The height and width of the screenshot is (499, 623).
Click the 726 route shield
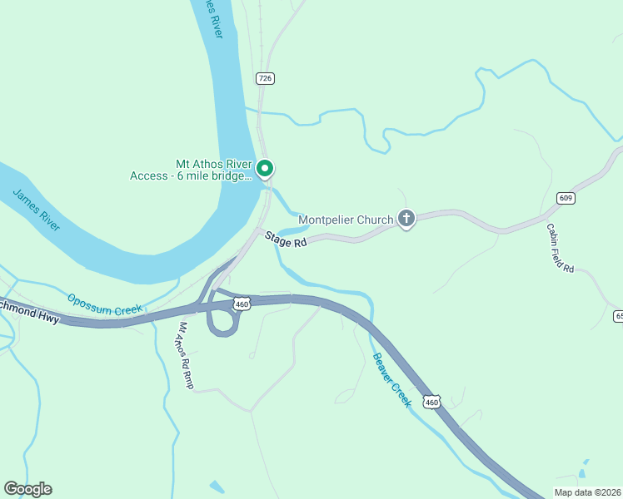pyautogui.click(x=265, y=78)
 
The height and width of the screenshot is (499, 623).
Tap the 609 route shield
pyautogui.click(x=566, y=197)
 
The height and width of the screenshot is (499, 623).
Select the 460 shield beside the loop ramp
pyautogui.click(x=242, y=304)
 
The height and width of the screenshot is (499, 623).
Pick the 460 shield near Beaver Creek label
pyautogui.click(x=431, y=402)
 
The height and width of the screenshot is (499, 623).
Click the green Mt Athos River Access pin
pyautogui.click(x=265, y=169)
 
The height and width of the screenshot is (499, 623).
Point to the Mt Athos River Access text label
pyautogui.click(x=190, y=170)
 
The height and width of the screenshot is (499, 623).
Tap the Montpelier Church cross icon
pyautogui.click(x=406, y=220)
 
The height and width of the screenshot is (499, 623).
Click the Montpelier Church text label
pyautogui.click(x=346, y=220)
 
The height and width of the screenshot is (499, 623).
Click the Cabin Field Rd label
pyautogui.click(x=561, y=248)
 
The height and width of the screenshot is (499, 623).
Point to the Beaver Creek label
pyautogui.click(x=391, y=379)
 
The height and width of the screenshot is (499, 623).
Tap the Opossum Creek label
pyautogui.click(x=106, y=304)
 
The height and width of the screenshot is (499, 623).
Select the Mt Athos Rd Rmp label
pyautogui.click(x=183, y=356)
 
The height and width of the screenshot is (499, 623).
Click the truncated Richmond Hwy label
pyautogui.click(x=30, y=309)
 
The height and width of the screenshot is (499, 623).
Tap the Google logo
pyautogui.click(x=27, y=489)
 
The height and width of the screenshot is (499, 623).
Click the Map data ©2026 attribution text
pyautogui.click(x=588, y=492)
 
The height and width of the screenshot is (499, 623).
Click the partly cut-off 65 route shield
pyautogui.click(x=618, y=316)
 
